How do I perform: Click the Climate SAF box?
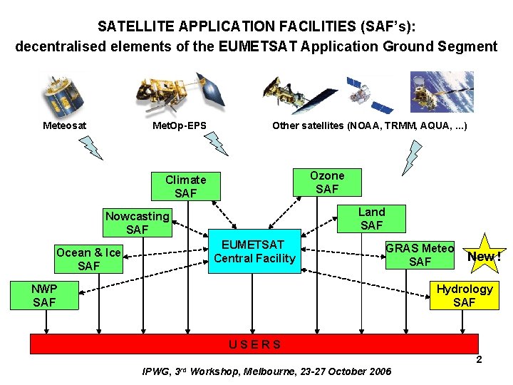click(x=186, y=187)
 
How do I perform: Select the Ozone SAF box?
click(x=327, y=183)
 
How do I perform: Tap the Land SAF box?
click(x=371, y=219)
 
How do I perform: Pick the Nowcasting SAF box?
click(x=137, y=223)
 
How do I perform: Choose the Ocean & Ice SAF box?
click(x=88, y=260)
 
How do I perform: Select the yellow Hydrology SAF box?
click(x=464, y=296)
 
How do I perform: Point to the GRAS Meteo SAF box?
click(x=420, y=255)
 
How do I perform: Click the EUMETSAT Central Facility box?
click(x=254, y=252)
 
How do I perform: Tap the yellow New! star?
click(x=482, y=255)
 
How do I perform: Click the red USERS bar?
click(x=255, y=344)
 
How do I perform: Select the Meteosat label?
click(x=65, y=126)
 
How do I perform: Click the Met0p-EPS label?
click(x=180, y=126)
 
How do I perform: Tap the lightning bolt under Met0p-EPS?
click(x=216, y=143)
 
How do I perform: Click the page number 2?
click(x=479, y=360)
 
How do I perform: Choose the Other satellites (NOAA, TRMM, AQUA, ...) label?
click(x=370, y=126)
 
